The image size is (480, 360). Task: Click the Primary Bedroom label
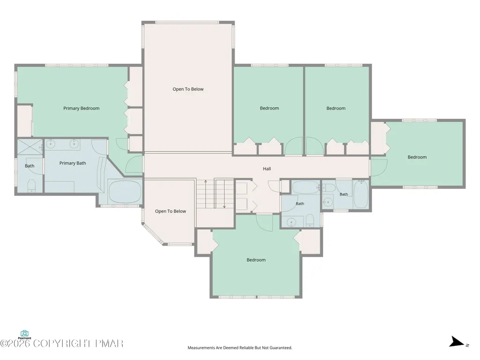click(x=81, y=108)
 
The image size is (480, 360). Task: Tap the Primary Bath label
click(x=73, y=163)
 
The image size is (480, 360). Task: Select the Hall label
click(x=266, y=169)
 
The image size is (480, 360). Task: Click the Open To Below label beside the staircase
click(x=170, y=211)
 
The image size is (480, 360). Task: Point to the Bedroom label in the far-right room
click(x=417, y=157)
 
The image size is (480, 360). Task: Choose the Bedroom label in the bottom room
click(x=256, y=260)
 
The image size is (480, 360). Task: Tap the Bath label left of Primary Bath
click(x=30, y=166)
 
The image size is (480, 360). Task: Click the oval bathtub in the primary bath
click(x=124, y=191)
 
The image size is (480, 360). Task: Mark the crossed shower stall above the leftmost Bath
click(x=30, y=147)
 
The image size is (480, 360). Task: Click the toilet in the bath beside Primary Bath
click(x=31, y=186)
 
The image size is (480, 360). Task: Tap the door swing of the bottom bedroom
click(x=264, y=222)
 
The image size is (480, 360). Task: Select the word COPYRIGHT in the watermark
click(x=63, y=344)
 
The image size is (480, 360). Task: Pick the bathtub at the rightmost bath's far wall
click(x=361, y=194)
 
